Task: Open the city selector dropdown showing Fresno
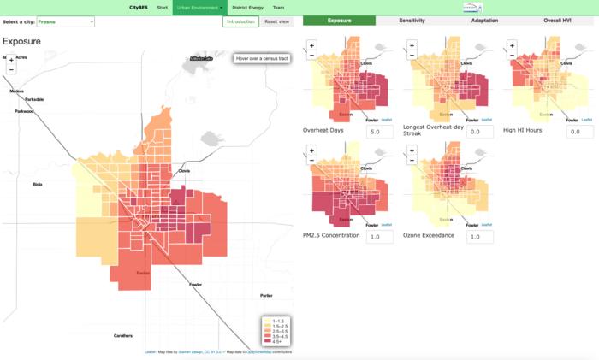pyautogui.click(x=64, y=21)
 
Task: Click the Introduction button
pyautogui.click(x=240, y=21)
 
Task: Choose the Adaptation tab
pyautogui.click(x=484, y=20)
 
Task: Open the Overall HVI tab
pyautogui.click(x=559, y=20)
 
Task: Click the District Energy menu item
pyautogui.click(x=247, y=7)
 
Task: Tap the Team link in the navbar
pyautogui.click(x=278, y=7)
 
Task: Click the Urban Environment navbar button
pyautogui.click(x=198, y=7)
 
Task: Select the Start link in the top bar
pyautogui.click(x=162, y=7)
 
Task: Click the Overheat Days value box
pyautogui.click(x=379, y=132)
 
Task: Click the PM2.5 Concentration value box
pyautogui.click(x=379, y=237)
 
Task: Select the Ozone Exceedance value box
pyautogui.click(x=479, y=237)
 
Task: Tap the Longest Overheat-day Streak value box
pyautogui.click(x=479, y=132)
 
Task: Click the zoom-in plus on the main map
pyautogui.click(x=11, y=60)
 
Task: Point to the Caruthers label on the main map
pyautogui.click(x=122, y=336)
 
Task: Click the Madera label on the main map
pyautogui.click(x=17, y=91)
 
